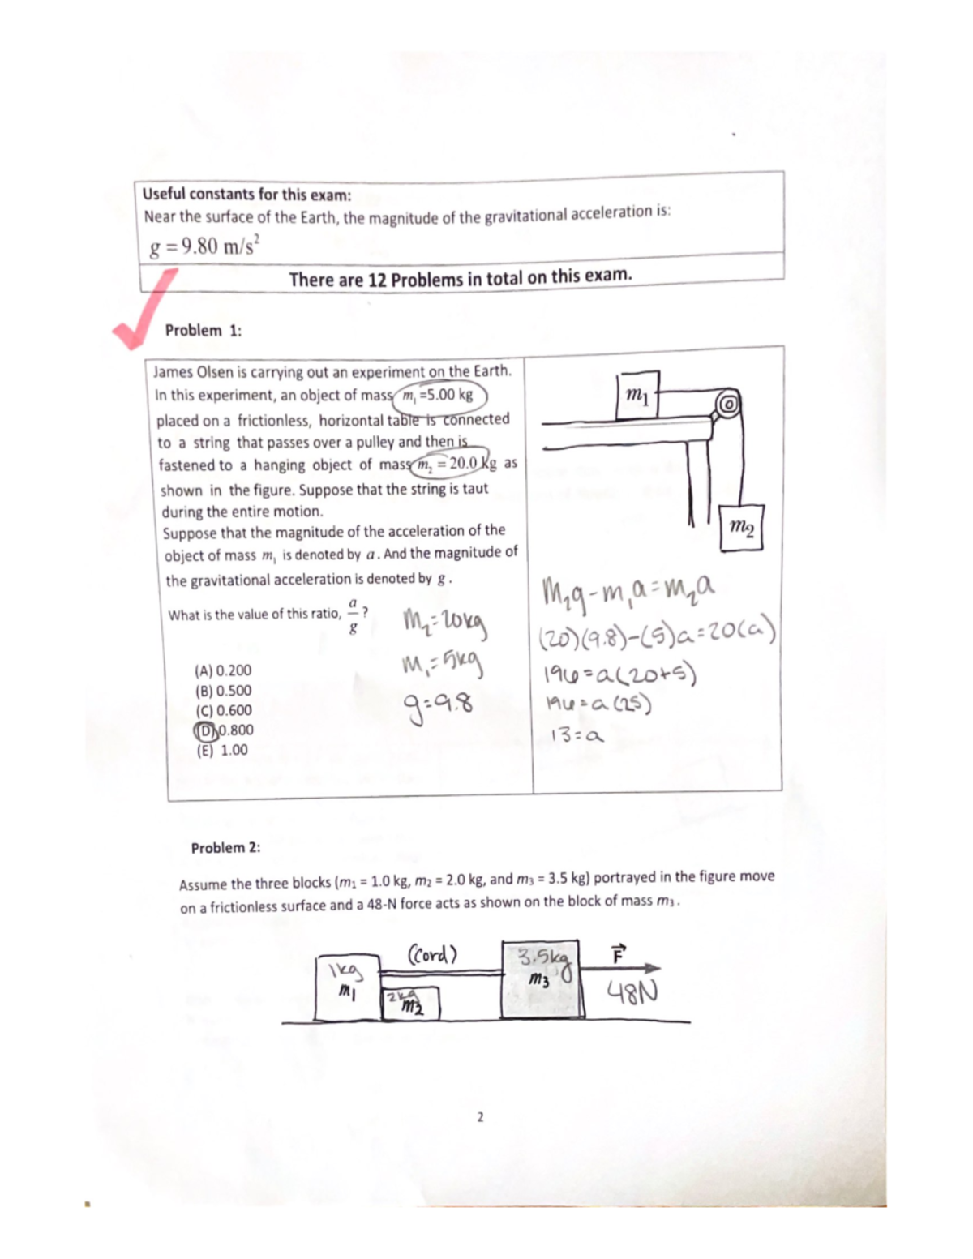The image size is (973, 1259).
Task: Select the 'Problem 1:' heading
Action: coord(203,331)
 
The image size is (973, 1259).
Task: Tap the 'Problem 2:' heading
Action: coord(225,848)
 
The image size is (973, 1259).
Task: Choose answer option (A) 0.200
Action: coord(223,670)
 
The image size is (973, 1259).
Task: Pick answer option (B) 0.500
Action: coord(223,691)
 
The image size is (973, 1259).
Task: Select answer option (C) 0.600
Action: coord(223,710)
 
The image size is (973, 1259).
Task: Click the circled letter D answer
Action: coord(206,730)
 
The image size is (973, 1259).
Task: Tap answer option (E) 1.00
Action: coord(222,750)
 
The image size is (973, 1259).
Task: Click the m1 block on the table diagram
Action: coord(637,396)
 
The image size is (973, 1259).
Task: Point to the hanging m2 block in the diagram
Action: coord(741,529)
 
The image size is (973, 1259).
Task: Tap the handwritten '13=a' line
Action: coord(577,736)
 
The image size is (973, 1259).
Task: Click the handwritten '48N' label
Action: coord(632,991)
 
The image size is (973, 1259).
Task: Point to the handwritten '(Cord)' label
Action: coord(432,953)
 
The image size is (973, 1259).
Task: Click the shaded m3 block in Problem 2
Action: coord(542,979)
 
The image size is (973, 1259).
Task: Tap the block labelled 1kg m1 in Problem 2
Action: coord(347,987)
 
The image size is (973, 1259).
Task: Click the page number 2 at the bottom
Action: coord(480,1117)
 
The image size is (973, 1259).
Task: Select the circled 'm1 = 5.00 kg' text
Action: coord(439,396)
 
